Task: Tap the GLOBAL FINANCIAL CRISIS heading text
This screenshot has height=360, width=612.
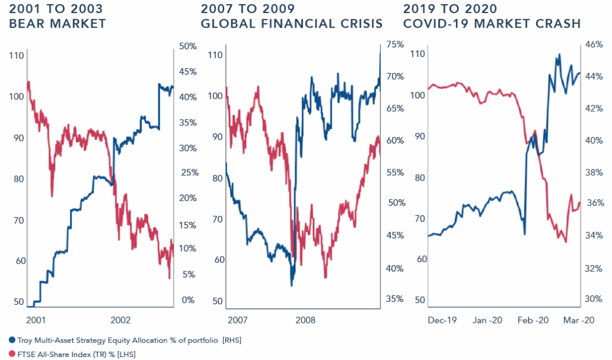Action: click(x=292, y=25)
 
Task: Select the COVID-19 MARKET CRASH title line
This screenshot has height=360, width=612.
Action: click(x=492, y=25)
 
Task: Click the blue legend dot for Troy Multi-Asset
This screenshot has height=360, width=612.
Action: click(x=5, y=340)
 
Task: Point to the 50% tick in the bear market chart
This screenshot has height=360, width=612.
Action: click(x=188, y=46)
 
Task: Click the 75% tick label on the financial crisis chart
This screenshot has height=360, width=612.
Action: click(x=396, y=44)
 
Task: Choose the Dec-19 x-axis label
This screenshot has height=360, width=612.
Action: click(x=442, y=320)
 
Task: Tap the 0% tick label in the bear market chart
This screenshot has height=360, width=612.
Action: click(x=187, y=300)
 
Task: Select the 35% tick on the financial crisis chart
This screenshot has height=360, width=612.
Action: click(x=396, y=300)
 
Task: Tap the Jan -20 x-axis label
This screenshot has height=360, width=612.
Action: click(x=487, y=320)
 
